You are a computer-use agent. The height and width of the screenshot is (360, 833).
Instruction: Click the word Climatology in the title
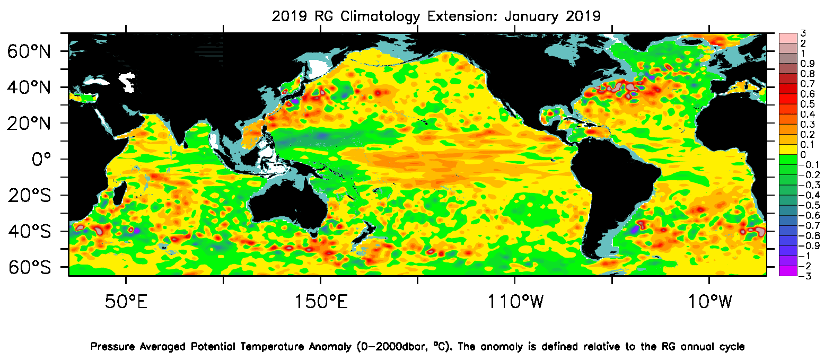point(380,16)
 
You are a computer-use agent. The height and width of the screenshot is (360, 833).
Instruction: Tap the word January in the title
point(532,16)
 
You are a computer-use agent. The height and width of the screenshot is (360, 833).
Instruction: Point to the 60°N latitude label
point(29,51)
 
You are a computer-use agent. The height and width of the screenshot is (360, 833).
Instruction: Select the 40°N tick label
point(29,87)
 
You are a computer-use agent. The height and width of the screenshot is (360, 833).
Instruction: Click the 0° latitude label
point(41,159)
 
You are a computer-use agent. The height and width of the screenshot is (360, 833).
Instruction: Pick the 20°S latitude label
point(29,196)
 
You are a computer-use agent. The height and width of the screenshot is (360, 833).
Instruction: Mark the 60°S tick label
point(29,267)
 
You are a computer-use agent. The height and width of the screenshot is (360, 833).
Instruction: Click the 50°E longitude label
point(126,302)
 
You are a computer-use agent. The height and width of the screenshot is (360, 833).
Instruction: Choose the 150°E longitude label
point(321,302)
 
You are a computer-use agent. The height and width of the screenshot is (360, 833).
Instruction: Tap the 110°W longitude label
point(515,302)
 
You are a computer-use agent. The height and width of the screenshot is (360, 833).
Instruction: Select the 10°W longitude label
point(709,302)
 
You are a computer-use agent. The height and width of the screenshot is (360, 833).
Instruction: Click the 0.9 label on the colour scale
point(808,64)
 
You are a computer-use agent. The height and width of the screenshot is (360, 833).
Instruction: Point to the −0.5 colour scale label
point(809,205)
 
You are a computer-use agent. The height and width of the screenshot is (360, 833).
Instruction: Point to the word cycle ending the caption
point(732,347)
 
